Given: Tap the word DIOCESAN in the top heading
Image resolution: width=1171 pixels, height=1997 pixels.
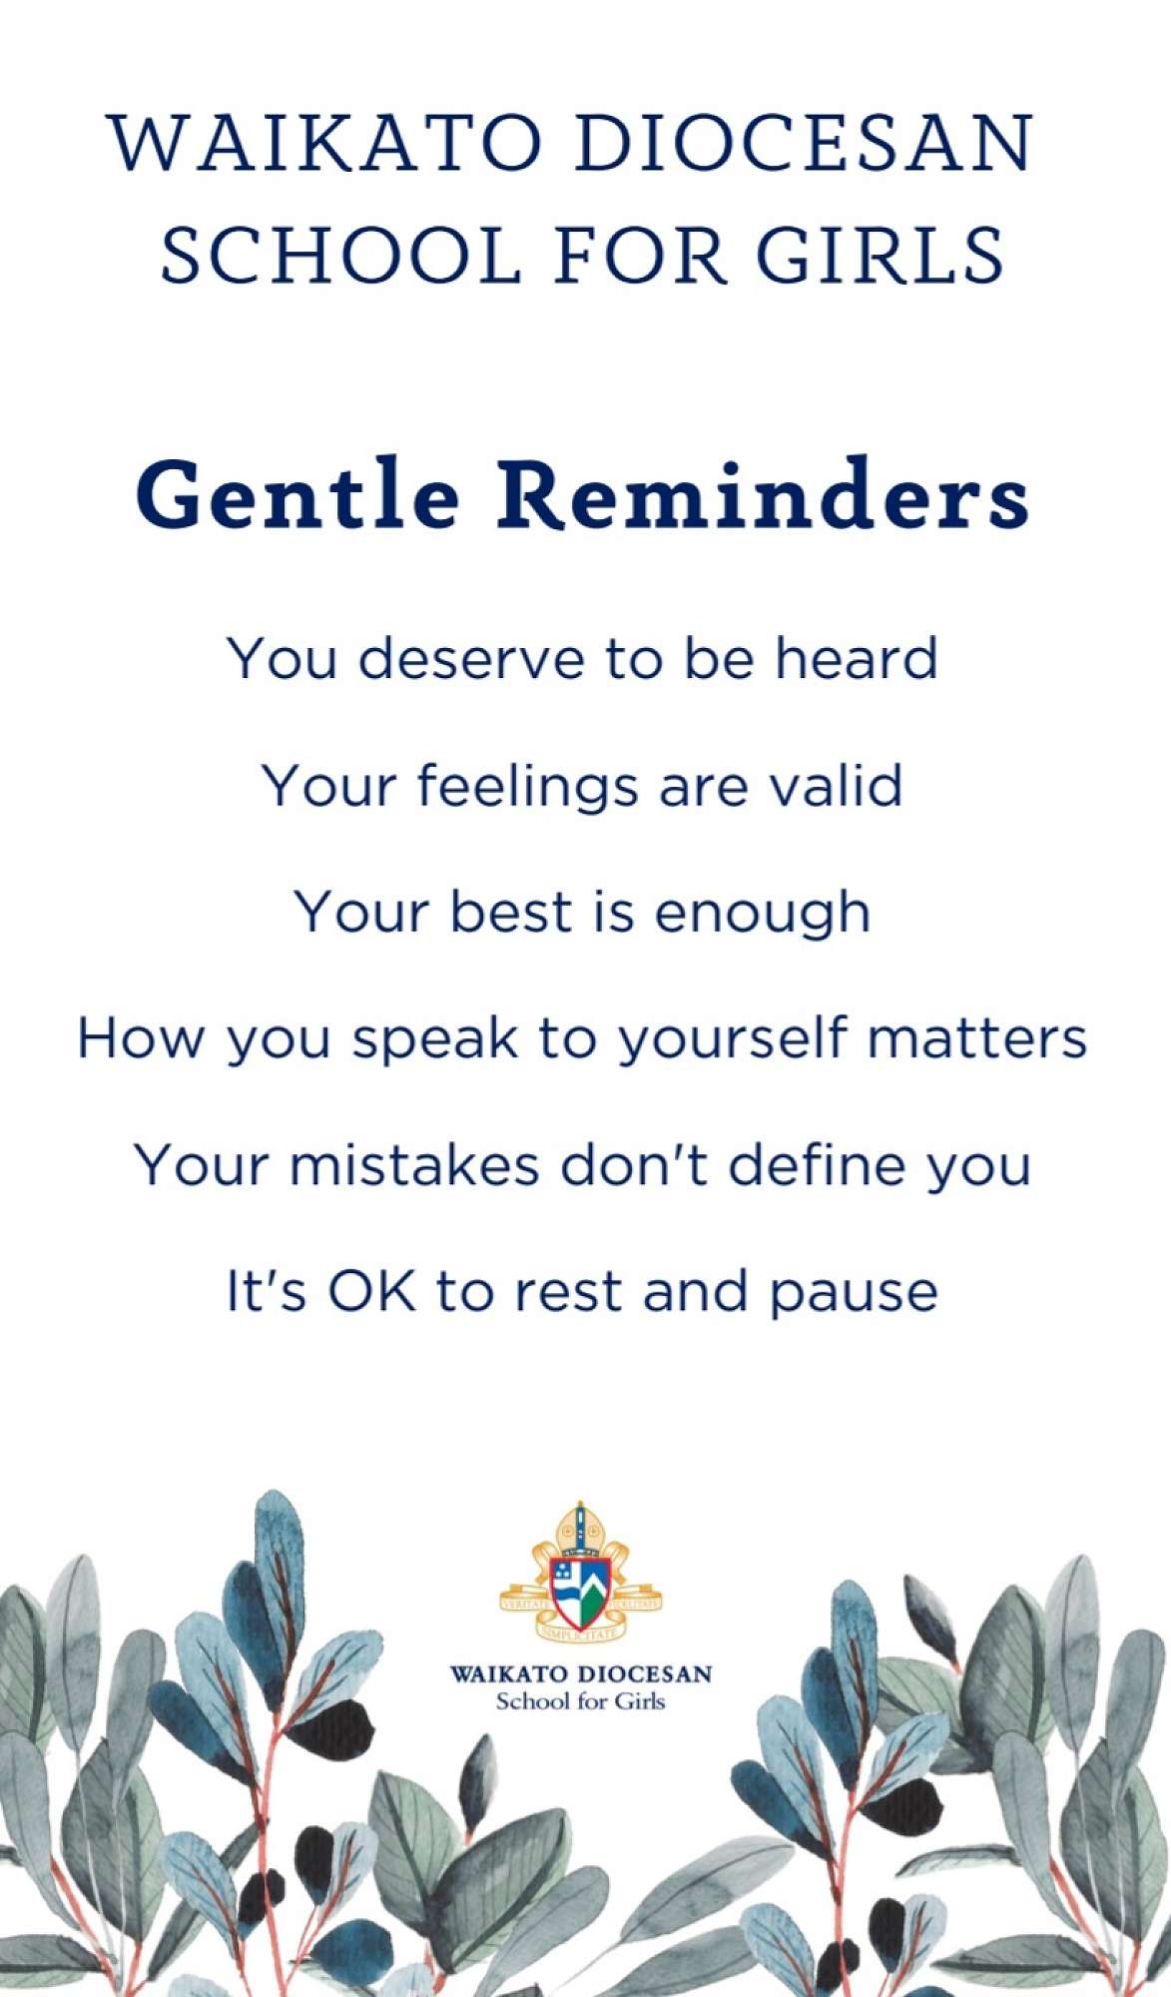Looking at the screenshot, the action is click(805, 144).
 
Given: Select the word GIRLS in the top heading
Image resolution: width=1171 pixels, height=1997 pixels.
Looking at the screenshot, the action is click(879, 254).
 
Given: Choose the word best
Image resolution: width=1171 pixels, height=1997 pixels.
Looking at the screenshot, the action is click(510, 912).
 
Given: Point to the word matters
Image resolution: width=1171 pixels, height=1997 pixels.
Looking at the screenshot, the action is click(976, 1038).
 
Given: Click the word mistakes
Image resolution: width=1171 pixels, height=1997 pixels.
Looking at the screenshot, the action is click(414, 1164).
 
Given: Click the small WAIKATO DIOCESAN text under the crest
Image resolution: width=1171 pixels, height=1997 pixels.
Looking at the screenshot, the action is click(581, 1673).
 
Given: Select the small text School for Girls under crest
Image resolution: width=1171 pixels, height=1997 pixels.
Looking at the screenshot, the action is click(581, 1701).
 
